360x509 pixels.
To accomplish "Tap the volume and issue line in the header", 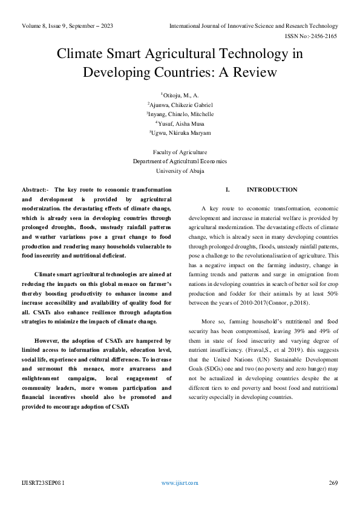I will [x=67, y=26].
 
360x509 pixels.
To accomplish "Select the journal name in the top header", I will [x=254, y=26].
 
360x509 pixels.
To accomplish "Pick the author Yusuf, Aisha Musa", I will [x=180, y=123].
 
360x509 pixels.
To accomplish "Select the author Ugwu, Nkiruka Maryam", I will [x=180, y=132].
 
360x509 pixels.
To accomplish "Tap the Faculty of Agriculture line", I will [x=180, y=152].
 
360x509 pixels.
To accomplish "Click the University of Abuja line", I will [x=180, y=170].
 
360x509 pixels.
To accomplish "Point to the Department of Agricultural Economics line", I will [x=180, y=161].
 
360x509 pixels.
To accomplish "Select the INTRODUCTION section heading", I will [x=272, y=190].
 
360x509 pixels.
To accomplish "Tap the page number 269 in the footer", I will [x=333, y=483].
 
